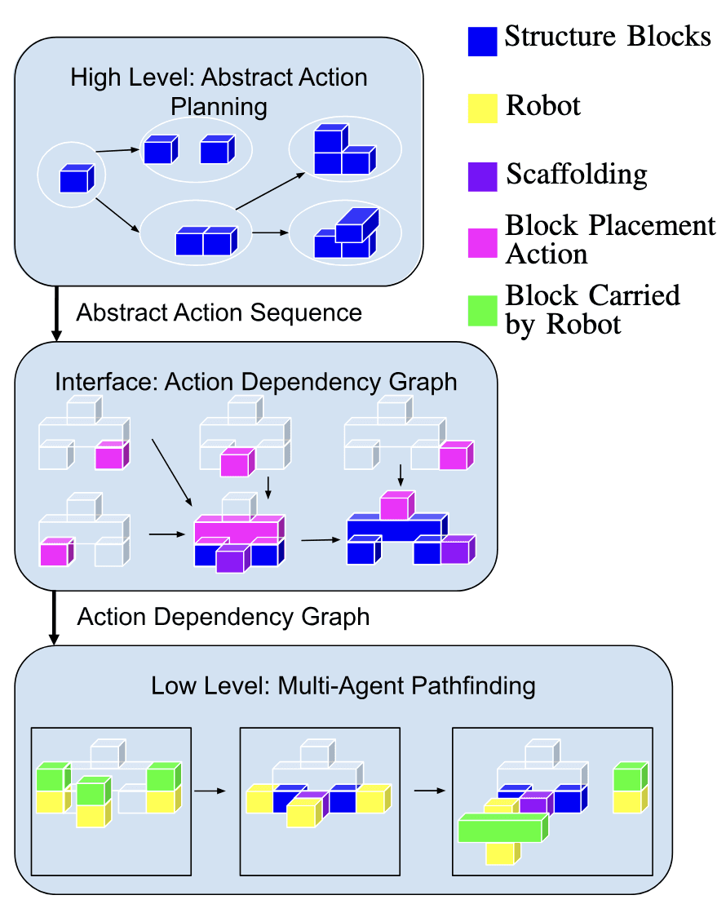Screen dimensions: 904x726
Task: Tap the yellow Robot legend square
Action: [x=482, y=109]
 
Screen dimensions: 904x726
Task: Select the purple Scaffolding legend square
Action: [x=482, y=177]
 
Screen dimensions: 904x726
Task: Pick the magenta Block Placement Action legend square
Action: [x=482, y=245]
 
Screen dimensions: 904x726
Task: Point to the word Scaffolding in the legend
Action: [x=577, y=175]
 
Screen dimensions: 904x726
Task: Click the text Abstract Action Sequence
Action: [x=219, y=312]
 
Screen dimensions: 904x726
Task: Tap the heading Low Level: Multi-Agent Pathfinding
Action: [x=343, y=685]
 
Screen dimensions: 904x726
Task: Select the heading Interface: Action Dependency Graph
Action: [x=256, y=382]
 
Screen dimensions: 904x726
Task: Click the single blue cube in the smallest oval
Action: [x=76, y=178]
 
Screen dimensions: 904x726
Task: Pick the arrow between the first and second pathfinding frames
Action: [x=211, y=790]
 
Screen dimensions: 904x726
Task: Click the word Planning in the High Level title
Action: [x=219, y=106]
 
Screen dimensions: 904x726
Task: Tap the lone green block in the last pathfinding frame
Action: [x=629, y=775]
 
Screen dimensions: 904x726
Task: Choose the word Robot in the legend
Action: [x=543, y=106]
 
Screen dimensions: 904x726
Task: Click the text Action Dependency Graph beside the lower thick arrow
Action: [x=224, y=617]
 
